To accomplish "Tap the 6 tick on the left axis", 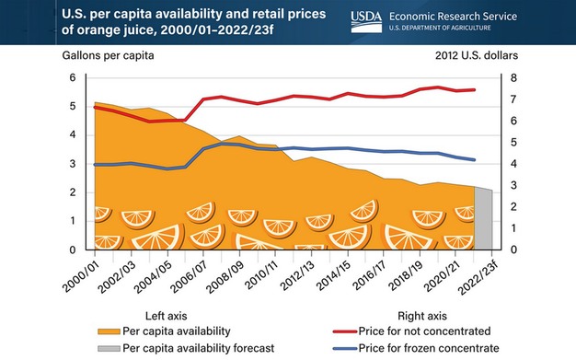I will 73,77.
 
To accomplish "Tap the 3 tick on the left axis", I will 73,164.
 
